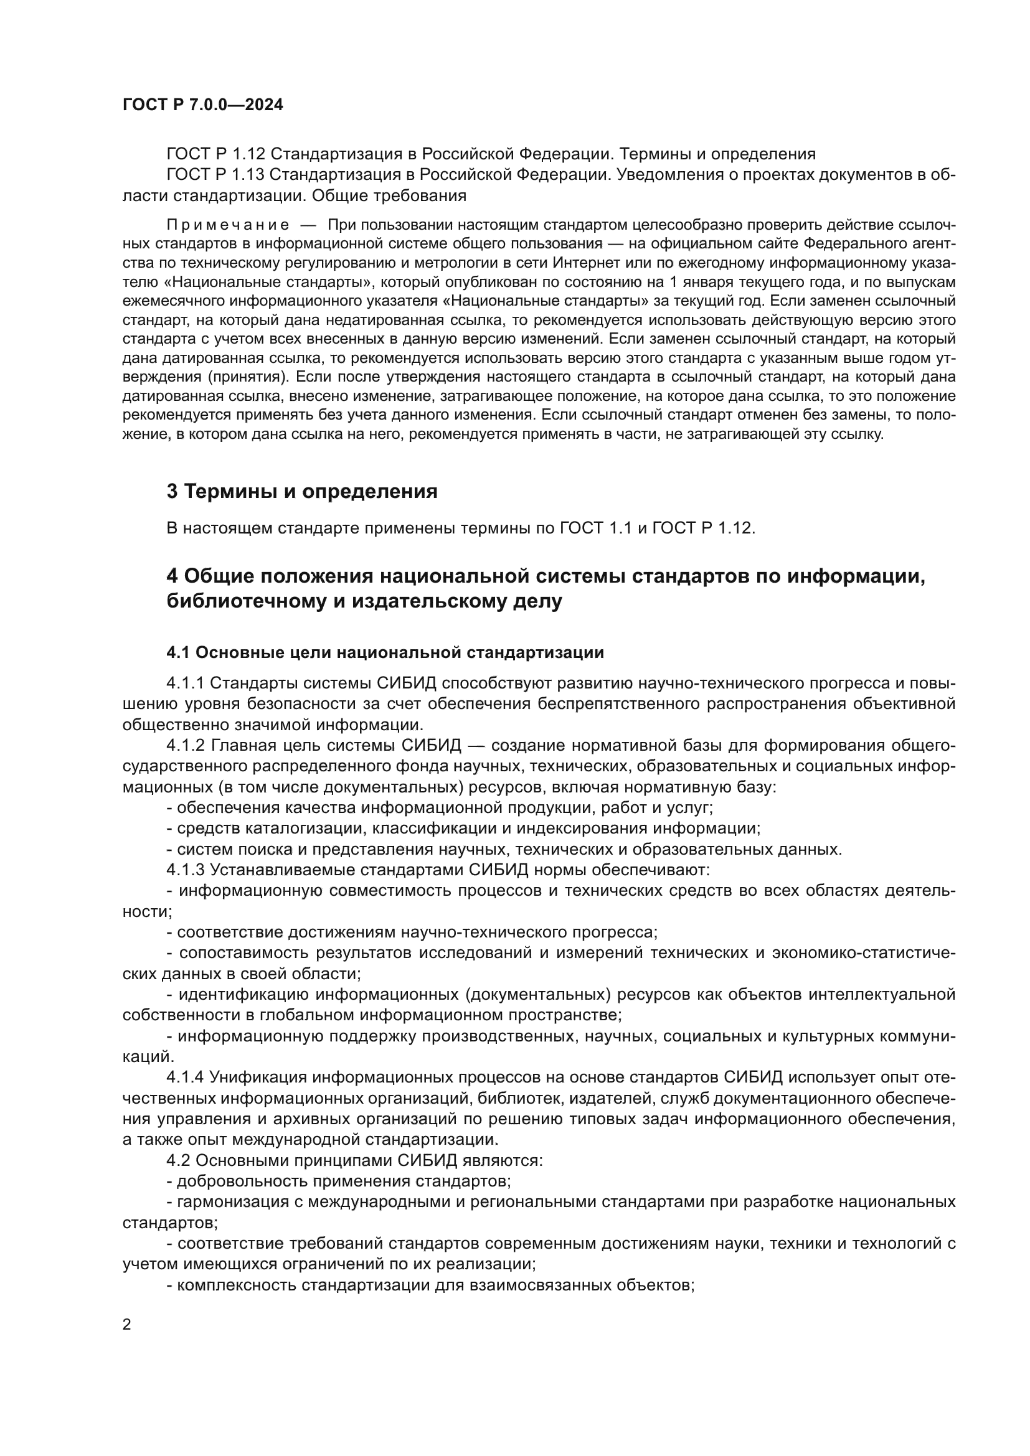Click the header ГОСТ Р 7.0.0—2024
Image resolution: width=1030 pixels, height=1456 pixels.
coord(202,105)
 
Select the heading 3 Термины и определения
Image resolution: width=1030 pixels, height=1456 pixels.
coord(302,491)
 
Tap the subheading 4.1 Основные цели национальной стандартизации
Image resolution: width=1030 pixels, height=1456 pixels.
coord(385,652)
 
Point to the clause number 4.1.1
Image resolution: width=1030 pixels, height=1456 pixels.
coord(185,683)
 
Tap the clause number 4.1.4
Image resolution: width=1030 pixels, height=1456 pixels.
coord(185,1078)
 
